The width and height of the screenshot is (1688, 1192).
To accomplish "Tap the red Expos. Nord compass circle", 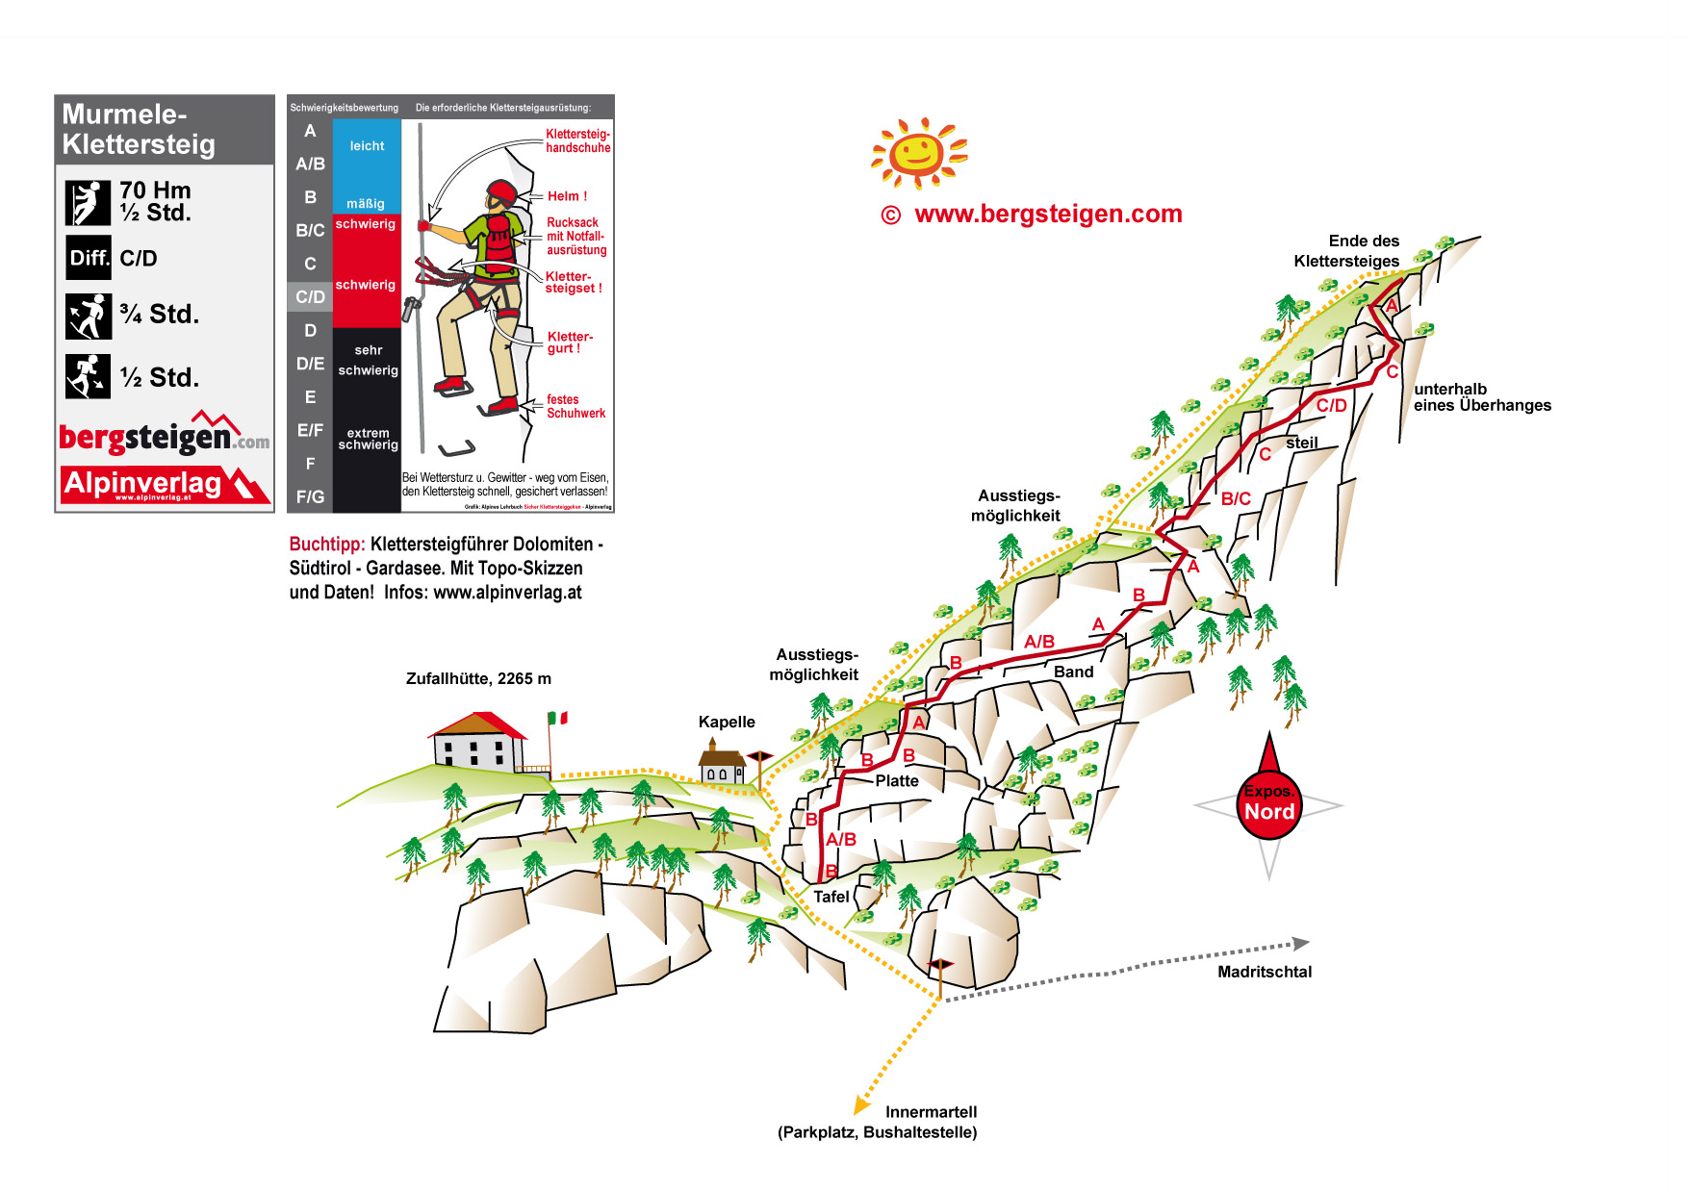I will point(1268,804).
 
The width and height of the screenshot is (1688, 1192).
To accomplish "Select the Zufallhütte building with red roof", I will point(477,742).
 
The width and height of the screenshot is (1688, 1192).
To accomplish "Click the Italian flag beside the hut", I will point(557,718).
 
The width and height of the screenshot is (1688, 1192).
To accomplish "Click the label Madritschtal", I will point(1264,972).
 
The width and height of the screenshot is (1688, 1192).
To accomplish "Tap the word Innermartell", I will point(931,1111).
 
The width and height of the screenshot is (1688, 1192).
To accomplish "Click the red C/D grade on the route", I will point(1331,406).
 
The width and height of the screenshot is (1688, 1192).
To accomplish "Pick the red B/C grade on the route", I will point(1236,498).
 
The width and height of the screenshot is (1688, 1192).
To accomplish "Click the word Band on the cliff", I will point(1073,672).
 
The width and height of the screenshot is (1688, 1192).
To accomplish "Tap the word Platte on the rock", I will point(897,780).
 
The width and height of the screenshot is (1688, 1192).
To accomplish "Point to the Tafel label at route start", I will point(831,897).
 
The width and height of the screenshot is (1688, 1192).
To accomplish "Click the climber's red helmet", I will point(501,191).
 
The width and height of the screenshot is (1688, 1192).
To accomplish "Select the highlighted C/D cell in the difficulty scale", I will point(310,296).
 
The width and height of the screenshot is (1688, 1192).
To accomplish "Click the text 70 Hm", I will point(155,190).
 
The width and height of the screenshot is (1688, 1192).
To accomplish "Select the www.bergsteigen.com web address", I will point(1048,214).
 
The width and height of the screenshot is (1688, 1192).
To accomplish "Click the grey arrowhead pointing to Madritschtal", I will point(1300,943).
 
